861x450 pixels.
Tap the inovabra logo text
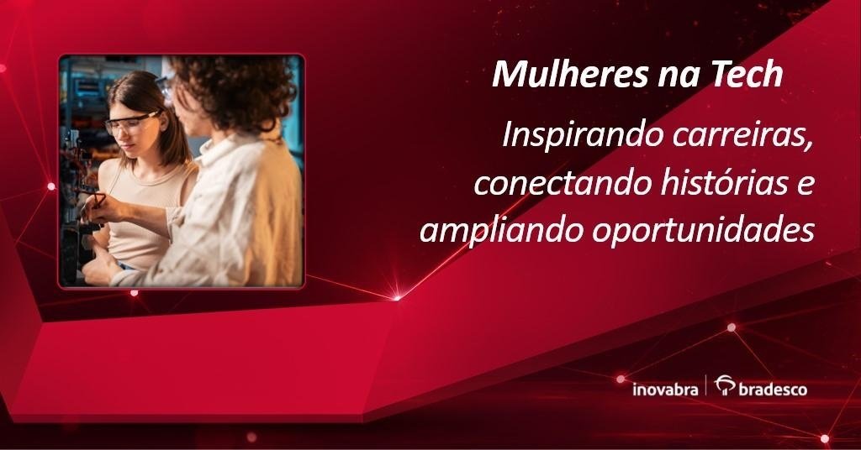coord(665,390)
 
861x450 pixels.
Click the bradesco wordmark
coord(773,390)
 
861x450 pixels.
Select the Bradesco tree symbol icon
coord(725,385)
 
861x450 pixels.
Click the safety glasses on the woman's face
coord(132,123)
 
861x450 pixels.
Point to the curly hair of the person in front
coord(236,87)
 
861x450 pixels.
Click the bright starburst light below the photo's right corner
coord(397,298)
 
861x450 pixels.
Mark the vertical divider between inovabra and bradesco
coord(706,385)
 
